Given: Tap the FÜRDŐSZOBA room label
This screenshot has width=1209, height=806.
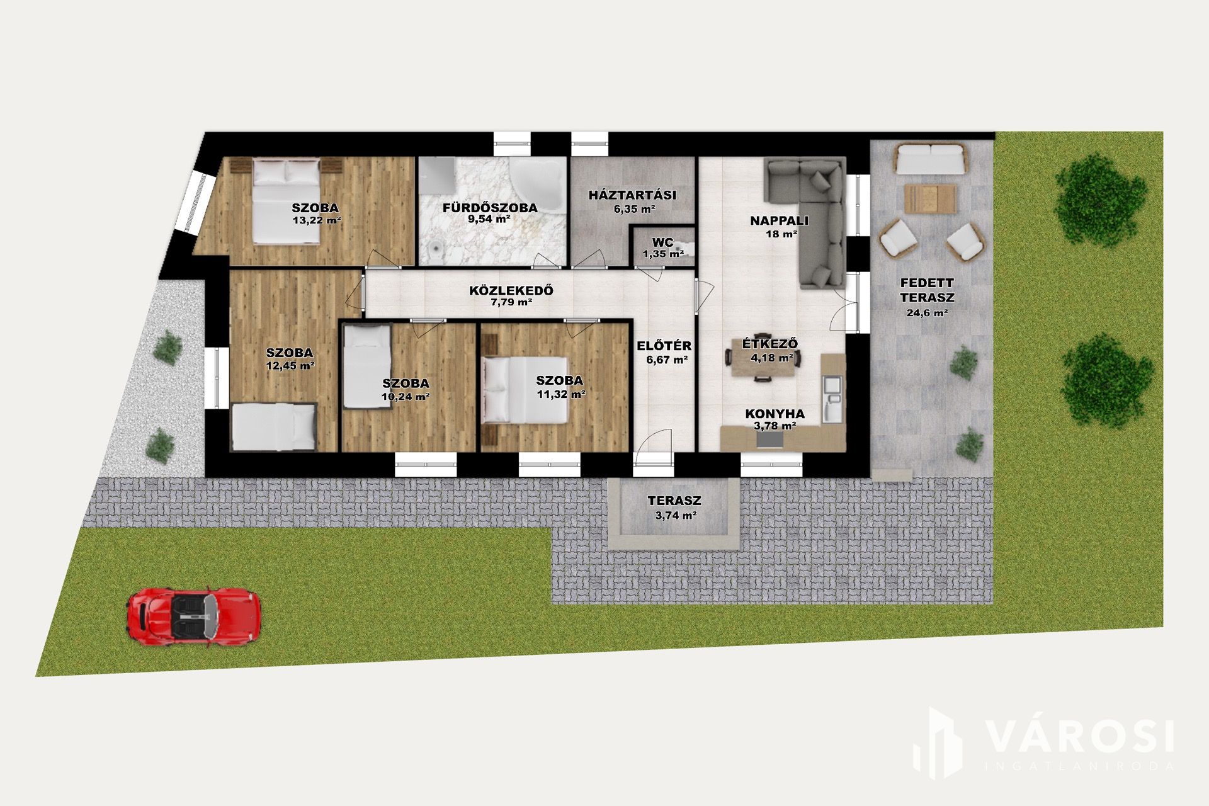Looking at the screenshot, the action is (x=490, y=208).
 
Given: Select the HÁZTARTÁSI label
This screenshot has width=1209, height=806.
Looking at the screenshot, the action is (x=632, y=195).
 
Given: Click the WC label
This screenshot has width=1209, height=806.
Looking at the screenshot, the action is (x=663, y=242).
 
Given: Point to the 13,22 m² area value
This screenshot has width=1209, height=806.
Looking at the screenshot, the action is (x=317, y=221).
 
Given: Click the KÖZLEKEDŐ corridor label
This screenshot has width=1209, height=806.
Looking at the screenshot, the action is (x=511, y=291).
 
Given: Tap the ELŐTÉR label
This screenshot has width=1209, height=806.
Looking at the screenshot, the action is (x=664, y=346).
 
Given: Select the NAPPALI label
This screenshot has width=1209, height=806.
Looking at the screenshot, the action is (x=780, y=221).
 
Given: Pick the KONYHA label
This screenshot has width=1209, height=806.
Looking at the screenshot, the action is (x=775, y=414).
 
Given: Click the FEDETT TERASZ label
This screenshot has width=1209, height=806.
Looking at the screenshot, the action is (x=927, y=290).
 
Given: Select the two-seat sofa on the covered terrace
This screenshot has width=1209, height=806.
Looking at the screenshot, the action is (x=930, y=160).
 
